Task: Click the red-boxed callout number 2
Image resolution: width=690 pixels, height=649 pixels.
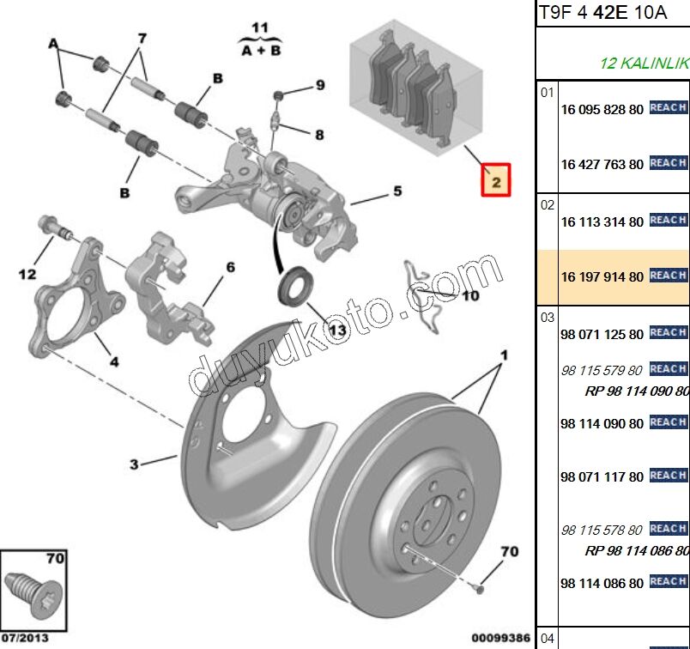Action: [496, 180]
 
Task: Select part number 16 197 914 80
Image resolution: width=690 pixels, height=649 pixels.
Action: [602, 277]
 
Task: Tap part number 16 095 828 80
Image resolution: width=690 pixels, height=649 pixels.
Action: [602, 110]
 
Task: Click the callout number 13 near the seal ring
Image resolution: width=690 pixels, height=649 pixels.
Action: [337, 330]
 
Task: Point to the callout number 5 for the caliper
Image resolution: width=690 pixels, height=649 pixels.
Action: [397, 191]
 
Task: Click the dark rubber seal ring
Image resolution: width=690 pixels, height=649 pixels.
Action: [295, 285]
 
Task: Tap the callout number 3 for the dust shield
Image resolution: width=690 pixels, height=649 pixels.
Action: [134, 464]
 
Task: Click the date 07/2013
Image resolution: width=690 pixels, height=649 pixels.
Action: [25, 638]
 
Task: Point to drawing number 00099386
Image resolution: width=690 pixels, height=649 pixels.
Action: [501, 638]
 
